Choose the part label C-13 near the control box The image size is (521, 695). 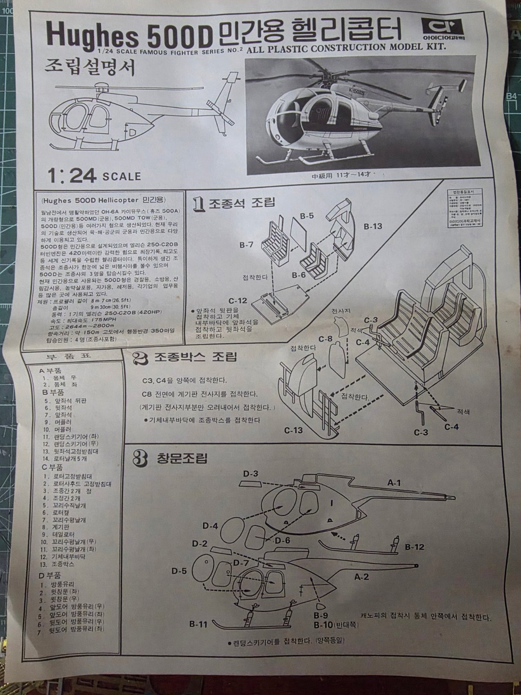point(294,430)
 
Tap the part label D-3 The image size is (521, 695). point(251,473)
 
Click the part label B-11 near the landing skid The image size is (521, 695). point(198,625)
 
